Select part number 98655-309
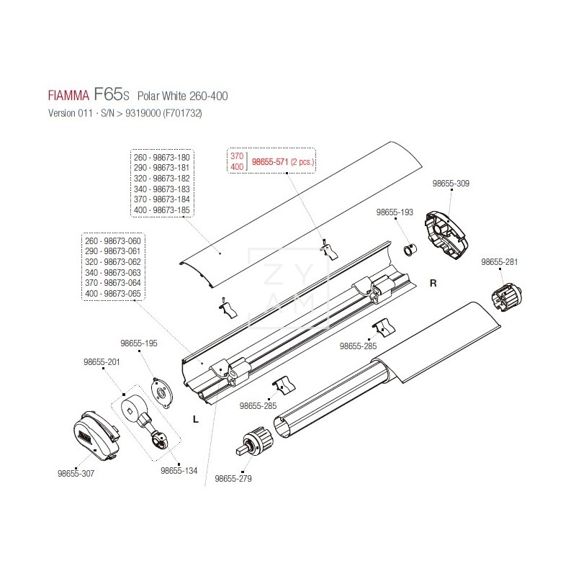[451, 184]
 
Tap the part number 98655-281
[500, 262]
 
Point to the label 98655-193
[395, 213]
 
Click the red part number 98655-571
[269, 163]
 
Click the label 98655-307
[76, 473]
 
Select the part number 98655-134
[179, 471]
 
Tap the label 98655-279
[233, 478]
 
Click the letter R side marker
[433, 283]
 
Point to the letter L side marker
[195, 418]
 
